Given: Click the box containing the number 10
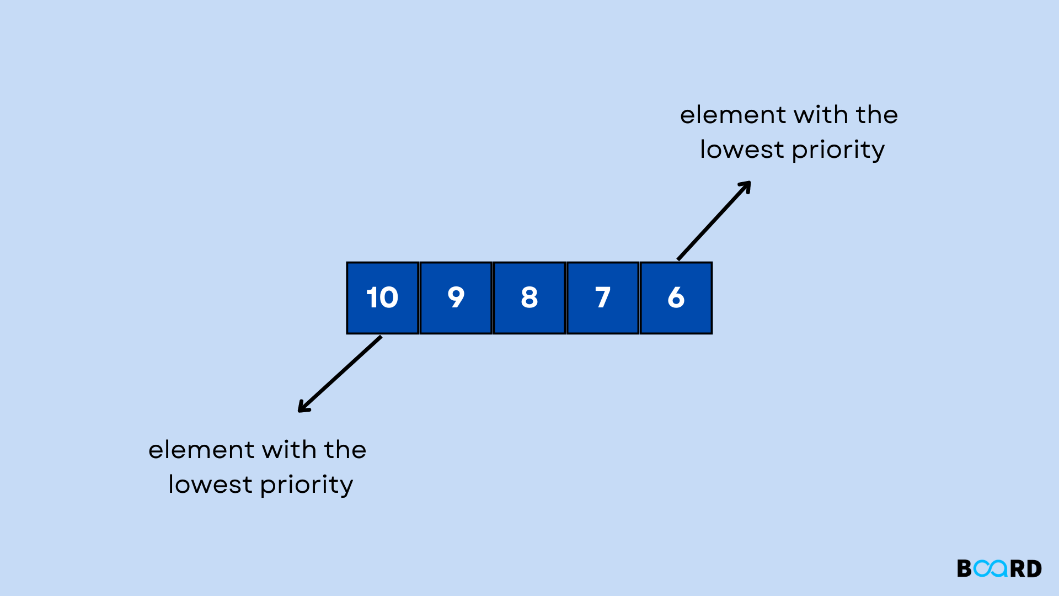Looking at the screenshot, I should tap(382, 298).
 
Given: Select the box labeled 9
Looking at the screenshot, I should tap(456, 298).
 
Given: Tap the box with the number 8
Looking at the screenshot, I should tap(529, 298).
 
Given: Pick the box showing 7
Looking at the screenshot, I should tap(602, 298).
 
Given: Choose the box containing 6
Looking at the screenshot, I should tap(676, 298).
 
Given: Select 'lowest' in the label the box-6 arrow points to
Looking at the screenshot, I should tap(742, 150).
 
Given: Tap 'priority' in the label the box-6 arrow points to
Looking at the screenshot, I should tap(838, 150).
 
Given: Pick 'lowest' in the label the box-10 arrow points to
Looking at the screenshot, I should tap(210, 485).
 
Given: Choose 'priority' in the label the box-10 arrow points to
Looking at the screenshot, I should tap(307, 485).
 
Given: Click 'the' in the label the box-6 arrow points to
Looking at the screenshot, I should tap(877, 115).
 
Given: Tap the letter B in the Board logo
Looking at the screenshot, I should tap(964, 568).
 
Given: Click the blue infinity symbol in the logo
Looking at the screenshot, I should tap(991, 568).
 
